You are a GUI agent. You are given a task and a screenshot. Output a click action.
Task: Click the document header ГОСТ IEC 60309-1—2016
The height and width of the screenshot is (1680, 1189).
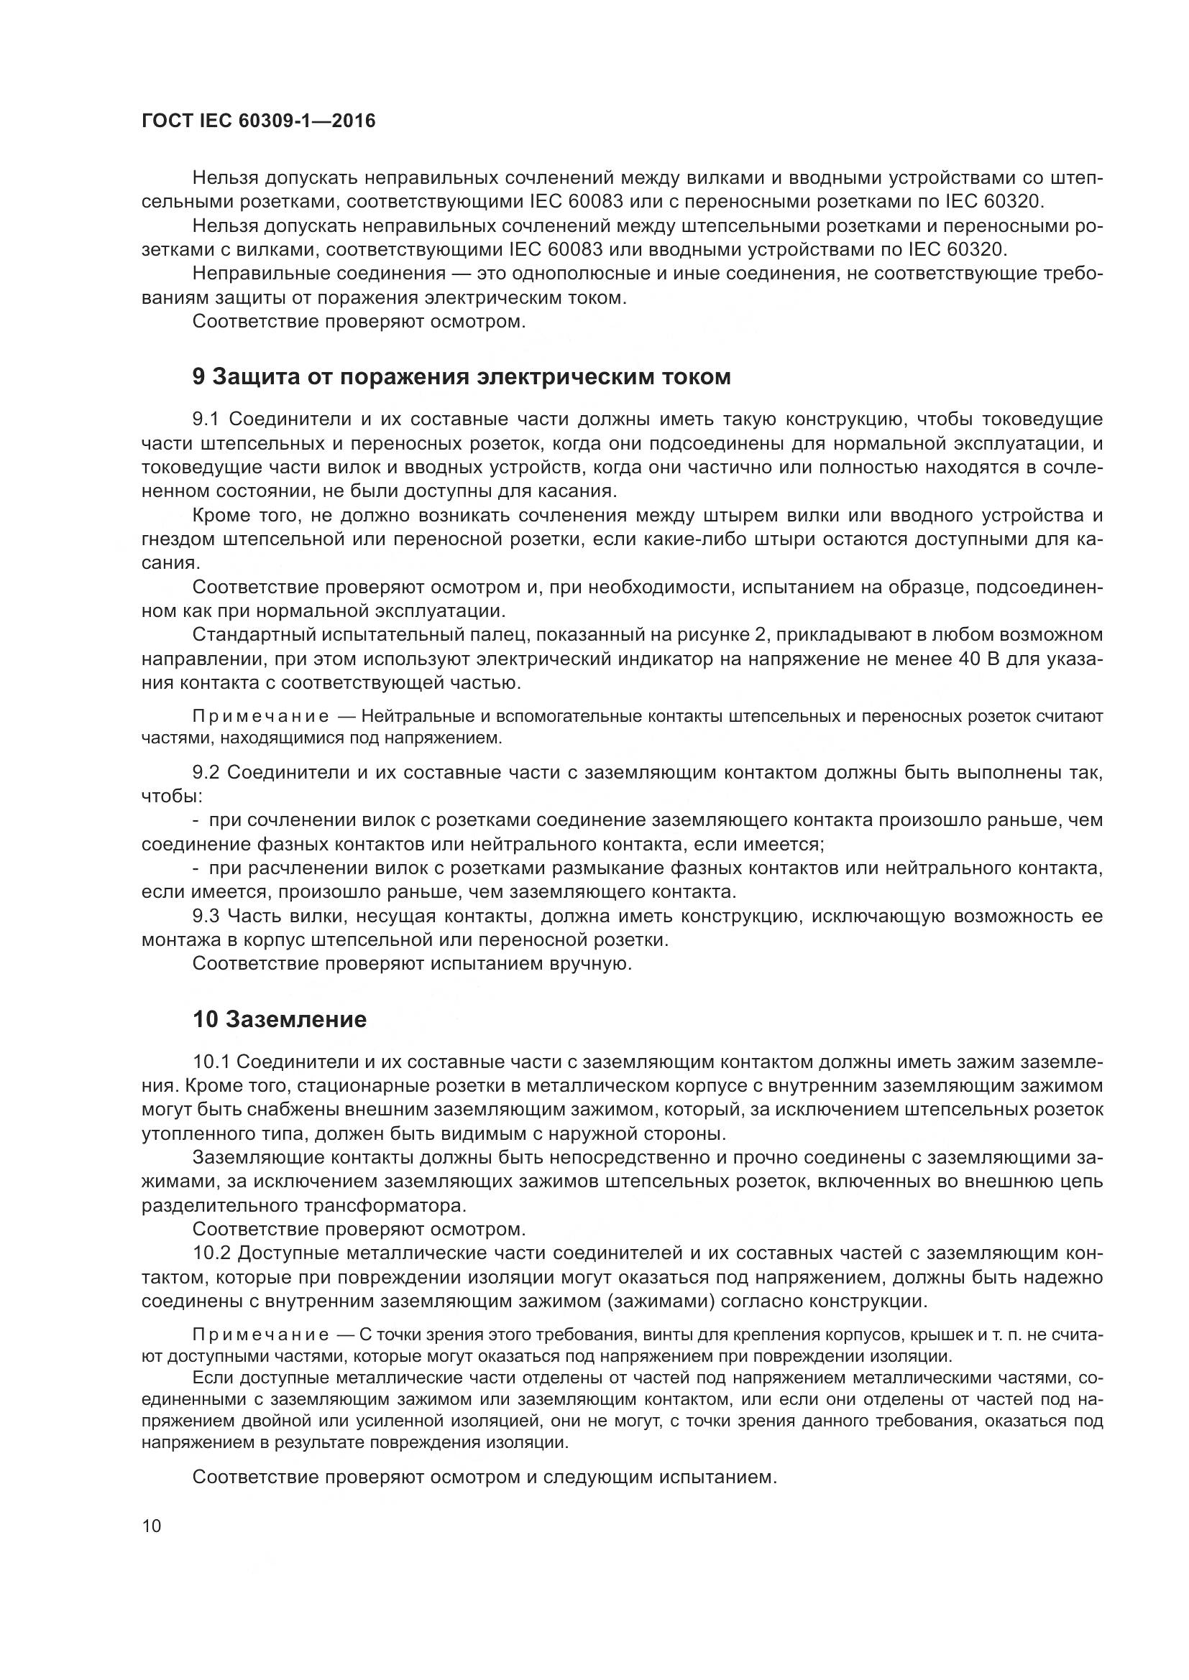[x=258, y=121]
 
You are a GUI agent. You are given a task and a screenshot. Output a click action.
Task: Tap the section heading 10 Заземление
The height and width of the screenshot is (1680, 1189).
[x=279, y=1019]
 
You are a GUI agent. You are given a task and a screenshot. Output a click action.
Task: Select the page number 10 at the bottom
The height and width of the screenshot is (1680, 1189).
[x=152, y=1526]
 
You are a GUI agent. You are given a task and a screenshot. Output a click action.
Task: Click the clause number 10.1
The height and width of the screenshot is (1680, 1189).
[x=211, y=1061]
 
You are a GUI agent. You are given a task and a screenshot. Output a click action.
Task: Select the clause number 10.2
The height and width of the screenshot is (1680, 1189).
[x=211, y=1253]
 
